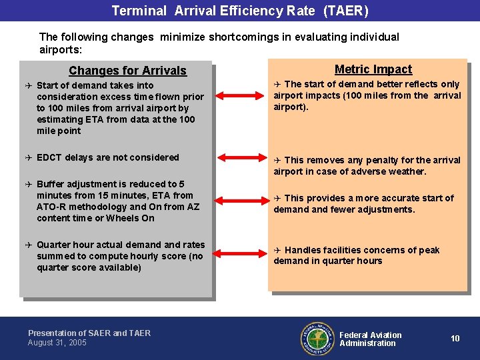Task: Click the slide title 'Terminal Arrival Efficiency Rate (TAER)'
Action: (x=239, y=11)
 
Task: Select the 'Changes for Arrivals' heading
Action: (x=127, y=71)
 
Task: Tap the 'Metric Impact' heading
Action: (x=373, y=69)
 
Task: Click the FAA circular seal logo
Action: (x=316, y=339)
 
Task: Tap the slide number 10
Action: (x=455, y=339)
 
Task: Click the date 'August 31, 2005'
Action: (x=57, y=343)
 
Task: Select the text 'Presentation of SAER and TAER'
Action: (x=89, y=333)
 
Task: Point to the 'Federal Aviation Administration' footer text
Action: (x=370, y=339)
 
